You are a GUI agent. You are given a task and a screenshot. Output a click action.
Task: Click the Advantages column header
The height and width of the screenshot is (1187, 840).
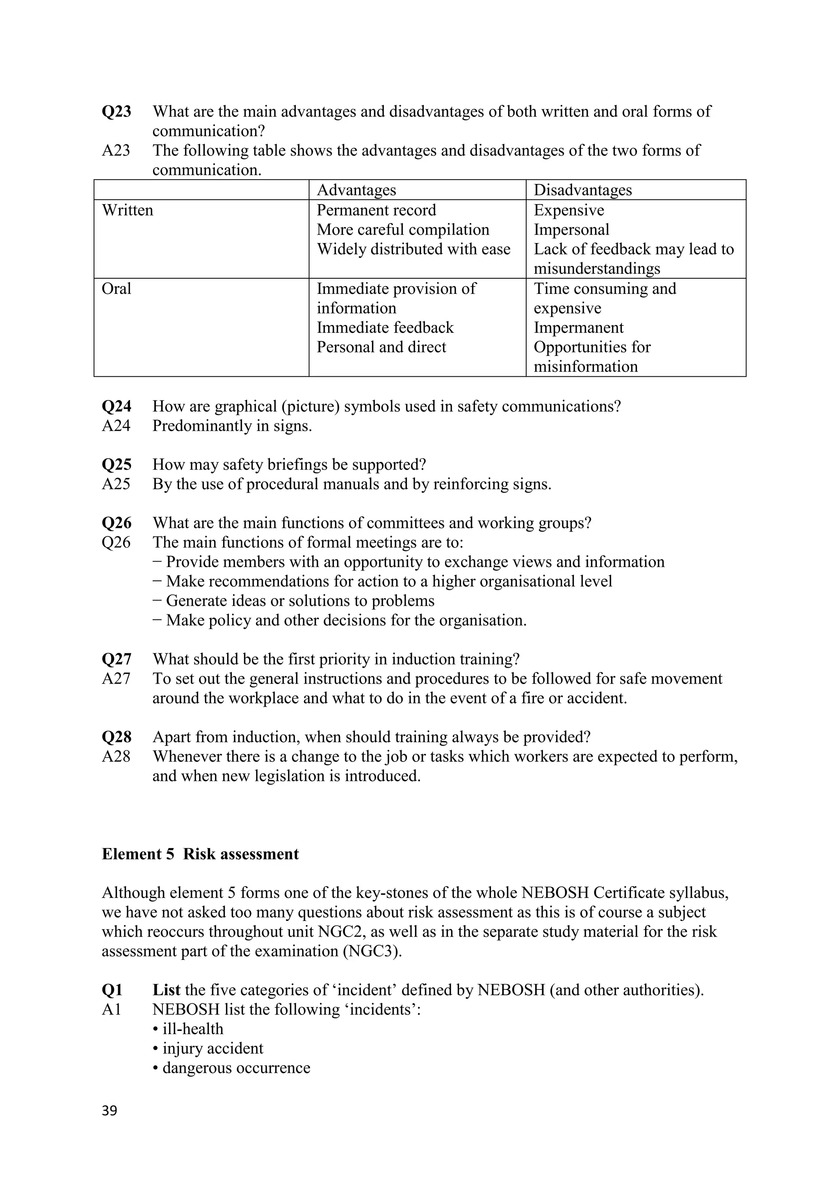point(356,190)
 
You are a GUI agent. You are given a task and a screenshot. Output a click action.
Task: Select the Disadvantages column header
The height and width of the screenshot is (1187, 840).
point(582,190)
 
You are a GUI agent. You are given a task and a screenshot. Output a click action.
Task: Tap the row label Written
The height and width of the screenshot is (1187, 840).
point(127,210)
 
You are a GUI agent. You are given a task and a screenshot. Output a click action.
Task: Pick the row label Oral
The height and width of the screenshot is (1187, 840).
point(116,289)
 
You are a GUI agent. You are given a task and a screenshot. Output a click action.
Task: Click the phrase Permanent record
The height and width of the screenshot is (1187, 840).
point(376,210)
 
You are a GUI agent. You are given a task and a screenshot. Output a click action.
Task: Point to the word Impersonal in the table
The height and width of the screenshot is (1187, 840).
point(571,230)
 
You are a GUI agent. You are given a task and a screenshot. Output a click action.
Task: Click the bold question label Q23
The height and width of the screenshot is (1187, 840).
point(116,111)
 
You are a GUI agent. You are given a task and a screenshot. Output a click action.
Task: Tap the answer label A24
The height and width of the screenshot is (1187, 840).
point(116,426)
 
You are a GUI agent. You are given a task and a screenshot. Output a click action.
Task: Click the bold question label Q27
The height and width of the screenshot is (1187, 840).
point(116,659)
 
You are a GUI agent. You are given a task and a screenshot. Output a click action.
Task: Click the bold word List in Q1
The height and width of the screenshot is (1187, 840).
point(166,989)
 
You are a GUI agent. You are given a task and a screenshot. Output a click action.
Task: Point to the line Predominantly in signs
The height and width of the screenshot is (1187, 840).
point(232,426)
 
